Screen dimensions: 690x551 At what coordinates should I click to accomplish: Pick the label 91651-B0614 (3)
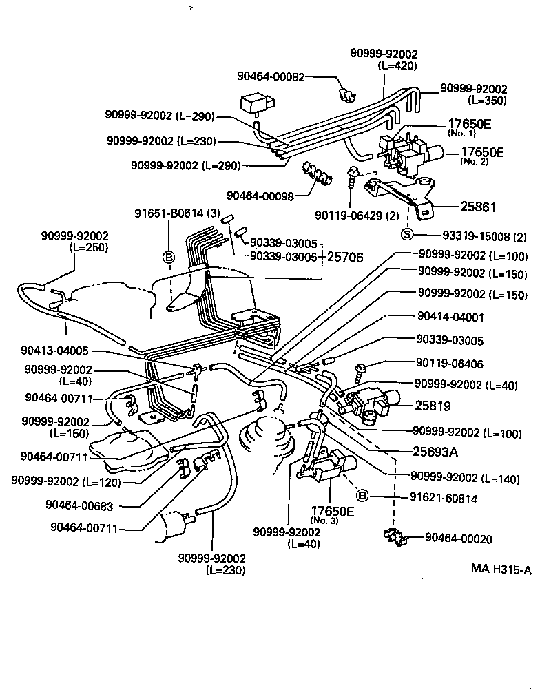pyautogui.click(x=176, y=214)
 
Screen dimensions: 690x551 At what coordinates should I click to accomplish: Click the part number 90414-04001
pyautogui.click(x=450, y=317)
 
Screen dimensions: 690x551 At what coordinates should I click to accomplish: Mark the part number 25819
pyautogui.click(x=432, y=406)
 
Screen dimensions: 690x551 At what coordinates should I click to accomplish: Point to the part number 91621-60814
pyautogui.click(x=444, y=498)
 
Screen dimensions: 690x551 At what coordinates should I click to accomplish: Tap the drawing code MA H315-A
pyautogui.click(x=501, y=569)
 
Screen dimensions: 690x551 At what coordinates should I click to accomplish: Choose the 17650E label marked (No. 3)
pyautogui.click(x=332, y=513)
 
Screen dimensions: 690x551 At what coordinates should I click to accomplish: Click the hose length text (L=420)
pyautogui.click(x=397, y=65)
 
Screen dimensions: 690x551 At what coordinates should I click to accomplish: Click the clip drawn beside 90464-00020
pyautogui.click(x=396, y=537)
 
